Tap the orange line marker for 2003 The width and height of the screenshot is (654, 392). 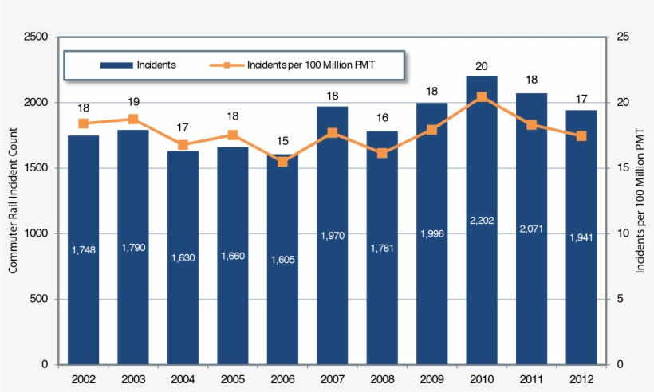point(133,120)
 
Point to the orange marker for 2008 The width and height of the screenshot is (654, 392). point(382,153)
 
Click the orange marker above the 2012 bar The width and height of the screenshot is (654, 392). point(581,136)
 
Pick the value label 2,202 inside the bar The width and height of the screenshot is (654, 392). point(482,220)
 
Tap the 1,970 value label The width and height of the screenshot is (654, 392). point(333,235)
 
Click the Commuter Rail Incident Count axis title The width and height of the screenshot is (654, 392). point(14,200)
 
